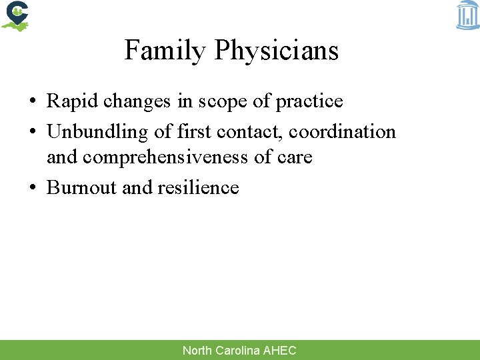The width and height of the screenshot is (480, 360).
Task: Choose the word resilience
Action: (198, 187)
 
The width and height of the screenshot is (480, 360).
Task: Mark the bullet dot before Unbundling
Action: (33, 132)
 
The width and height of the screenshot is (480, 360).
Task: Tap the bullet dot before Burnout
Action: (33, 188)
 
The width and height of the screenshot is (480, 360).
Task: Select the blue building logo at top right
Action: (467, 15)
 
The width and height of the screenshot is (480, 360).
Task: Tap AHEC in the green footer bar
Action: (280, 351)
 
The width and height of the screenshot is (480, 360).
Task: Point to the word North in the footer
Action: (197, 351)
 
